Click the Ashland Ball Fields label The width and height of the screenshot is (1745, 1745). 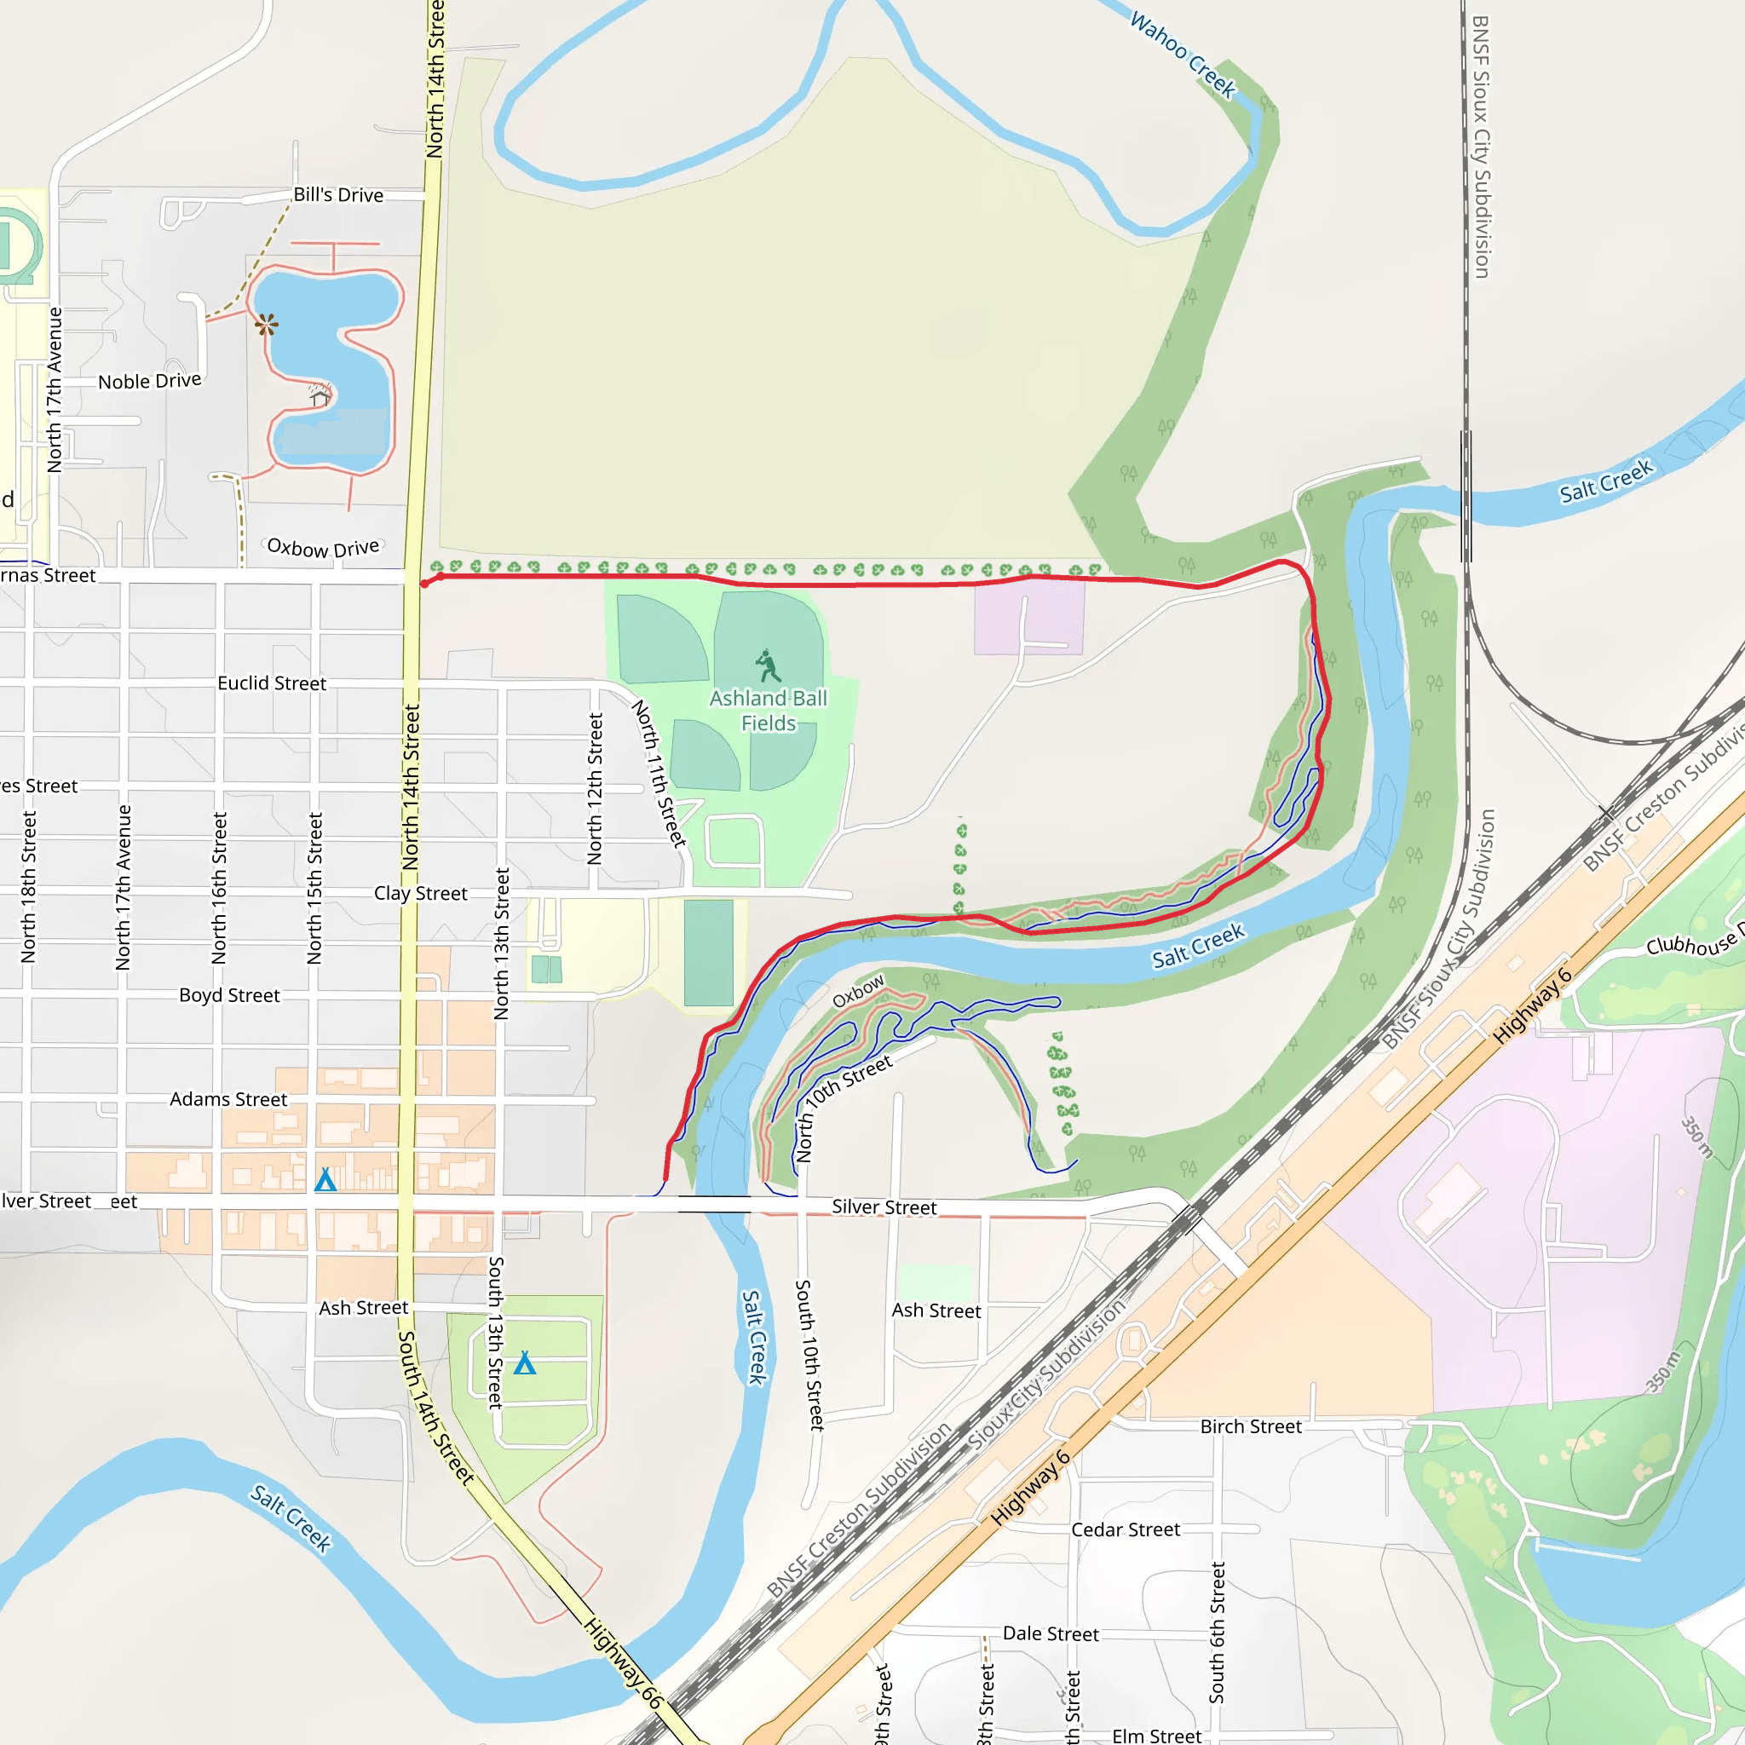[768, 711]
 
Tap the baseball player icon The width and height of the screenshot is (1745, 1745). [768, 665]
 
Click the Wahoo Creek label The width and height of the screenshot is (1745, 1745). [1183, 55]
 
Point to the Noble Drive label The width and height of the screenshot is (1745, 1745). [150, 381]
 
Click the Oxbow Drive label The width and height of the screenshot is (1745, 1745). [323, 548]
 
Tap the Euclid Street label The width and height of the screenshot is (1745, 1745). [272, 683]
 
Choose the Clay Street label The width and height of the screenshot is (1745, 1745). [421, 893]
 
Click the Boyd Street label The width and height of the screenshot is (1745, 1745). [229, 995]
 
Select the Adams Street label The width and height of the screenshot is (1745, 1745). [228, 1099]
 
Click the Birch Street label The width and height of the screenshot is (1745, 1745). [1251, 1426]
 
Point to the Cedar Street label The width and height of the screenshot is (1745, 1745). [1126, 1529]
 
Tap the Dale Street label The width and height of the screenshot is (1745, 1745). [1051, 1633]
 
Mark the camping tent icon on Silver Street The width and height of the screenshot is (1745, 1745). [325, 1179]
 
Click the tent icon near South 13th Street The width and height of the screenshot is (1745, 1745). [525, 1363]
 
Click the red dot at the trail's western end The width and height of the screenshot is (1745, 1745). [424, 584]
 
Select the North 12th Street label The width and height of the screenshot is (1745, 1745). [595, 788]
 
